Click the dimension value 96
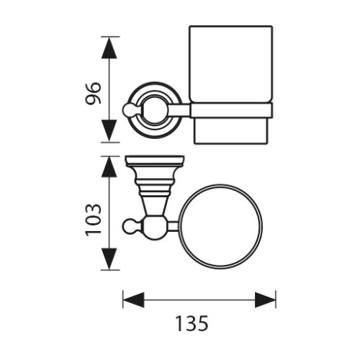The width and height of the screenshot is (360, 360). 93,93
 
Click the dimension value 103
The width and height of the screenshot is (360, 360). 94,220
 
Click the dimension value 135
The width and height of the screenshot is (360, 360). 192,323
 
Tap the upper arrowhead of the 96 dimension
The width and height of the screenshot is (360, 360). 109,48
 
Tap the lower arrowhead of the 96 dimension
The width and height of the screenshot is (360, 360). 109,130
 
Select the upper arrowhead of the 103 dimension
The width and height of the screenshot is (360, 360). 109,167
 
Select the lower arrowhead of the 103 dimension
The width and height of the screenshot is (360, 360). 109,258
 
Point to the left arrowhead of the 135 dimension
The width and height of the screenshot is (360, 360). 133,300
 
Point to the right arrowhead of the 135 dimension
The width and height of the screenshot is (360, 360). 265,300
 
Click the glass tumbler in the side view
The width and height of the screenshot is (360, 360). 230,64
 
